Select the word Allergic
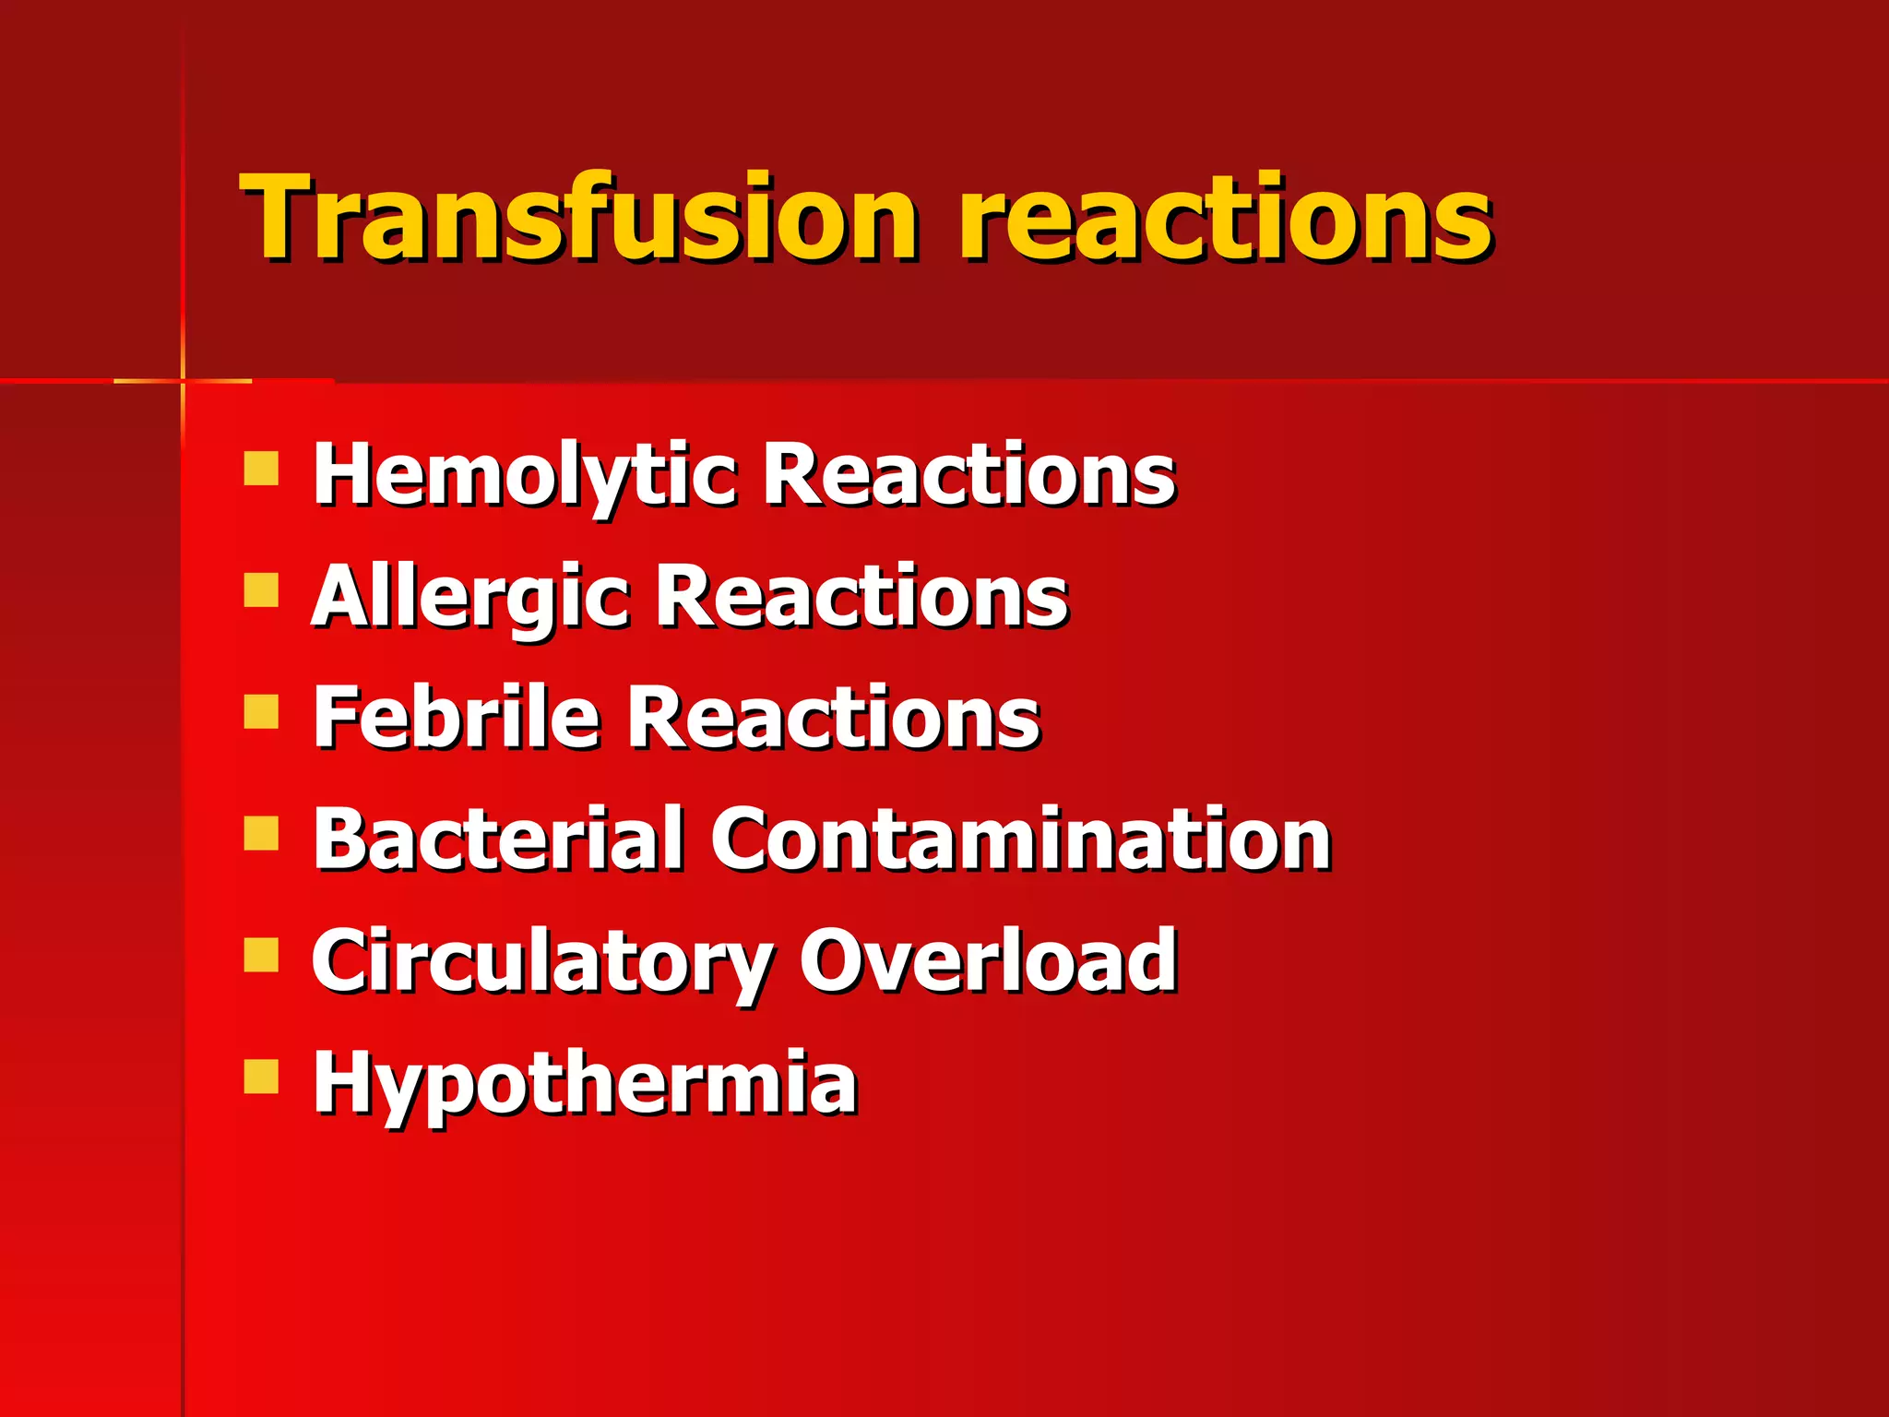tap(469, 598)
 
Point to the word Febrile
tap(456, 718)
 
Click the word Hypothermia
tap(585, 1083)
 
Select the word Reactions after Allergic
tap(861, 596)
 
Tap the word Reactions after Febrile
tap(834, 718)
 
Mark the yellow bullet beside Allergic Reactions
tap(261, 589)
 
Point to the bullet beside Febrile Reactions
tap(261, 711)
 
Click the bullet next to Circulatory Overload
tap(261, 956)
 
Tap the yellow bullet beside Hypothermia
tap(261, 1076)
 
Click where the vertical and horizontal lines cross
tap(183, 380)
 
